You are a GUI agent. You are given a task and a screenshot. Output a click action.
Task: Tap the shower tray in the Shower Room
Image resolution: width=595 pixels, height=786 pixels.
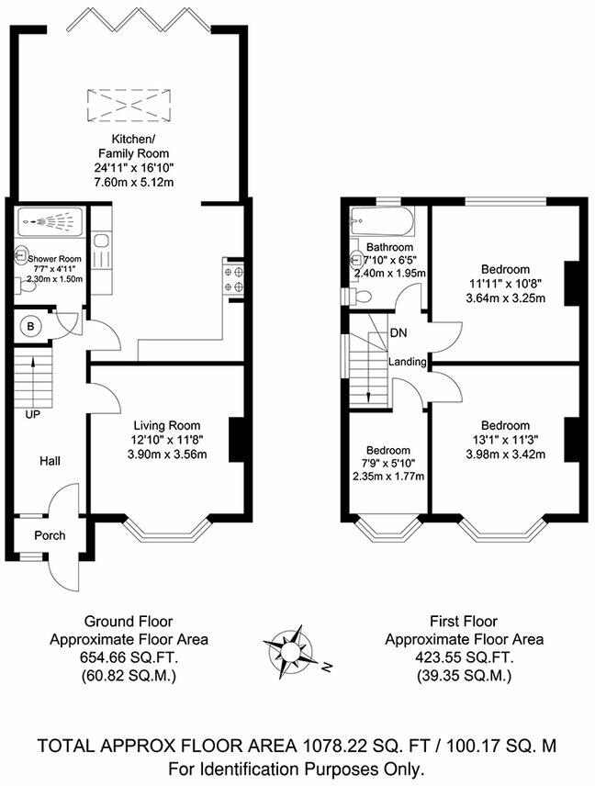(50, 222)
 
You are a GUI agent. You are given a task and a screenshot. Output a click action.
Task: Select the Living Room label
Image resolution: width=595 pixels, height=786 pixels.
(166, 425)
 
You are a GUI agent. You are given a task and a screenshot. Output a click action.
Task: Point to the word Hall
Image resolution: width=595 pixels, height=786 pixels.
(50, 461)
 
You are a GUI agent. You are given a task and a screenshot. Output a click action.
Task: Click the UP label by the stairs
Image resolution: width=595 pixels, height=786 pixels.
(32, 415)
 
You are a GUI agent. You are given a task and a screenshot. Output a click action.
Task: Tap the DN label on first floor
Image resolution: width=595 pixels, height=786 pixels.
(399, 332)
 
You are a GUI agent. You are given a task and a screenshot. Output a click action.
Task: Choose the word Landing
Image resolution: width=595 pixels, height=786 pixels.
(407, 362)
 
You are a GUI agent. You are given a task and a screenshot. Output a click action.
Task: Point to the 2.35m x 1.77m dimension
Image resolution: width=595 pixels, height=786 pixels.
(384, 476)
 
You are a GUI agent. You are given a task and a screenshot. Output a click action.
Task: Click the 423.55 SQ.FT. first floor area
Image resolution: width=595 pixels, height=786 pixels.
(464, 657)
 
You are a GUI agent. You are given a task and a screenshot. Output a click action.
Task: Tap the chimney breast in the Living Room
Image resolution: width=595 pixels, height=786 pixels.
(236, 439)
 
